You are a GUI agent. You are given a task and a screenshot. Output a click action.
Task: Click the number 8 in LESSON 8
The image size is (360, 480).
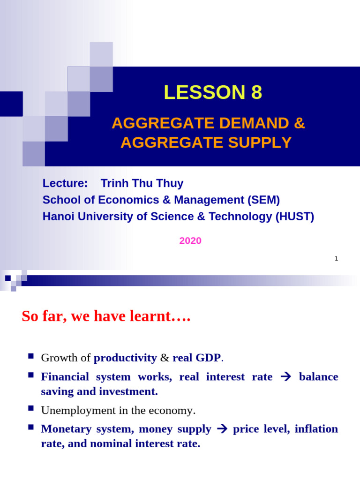256,93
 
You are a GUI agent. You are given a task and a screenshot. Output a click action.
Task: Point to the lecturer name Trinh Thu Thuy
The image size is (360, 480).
142,183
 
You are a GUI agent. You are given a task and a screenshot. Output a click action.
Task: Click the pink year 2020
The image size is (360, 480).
190,241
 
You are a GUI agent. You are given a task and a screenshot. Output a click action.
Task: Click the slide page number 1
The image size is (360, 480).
336,258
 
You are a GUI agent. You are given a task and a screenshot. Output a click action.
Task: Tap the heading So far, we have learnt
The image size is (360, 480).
106,316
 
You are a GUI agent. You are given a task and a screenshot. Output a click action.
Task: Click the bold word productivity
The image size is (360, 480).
125,358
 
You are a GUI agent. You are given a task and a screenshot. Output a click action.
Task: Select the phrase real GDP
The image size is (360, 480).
196,358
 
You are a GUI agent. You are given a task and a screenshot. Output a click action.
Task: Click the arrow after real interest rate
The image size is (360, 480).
285,377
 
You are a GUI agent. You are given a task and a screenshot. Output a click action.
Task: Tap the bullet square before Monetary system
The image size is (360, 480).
31,427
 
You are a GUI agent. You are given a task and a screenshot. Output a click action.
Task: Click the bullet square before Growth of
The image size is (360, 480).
31,357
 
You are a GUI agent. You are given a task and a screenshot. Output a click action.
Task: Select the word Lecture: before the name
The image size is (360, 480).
65,183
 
